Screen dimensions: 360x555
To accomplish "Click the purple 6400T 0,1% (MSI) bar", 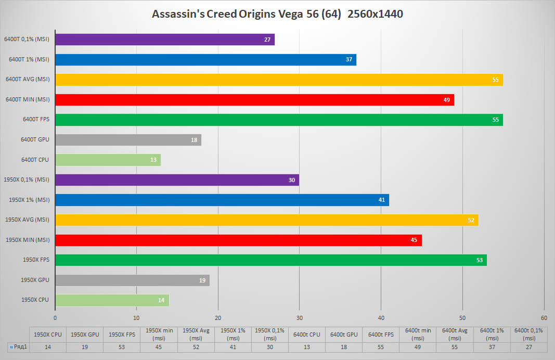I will (x=164, y=40).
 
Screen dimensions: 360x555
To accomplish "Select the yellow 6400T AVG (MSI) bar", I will (x=279, y=80).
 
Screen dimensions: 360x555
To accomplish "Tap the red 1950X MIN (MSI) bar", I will (x=238, y=240).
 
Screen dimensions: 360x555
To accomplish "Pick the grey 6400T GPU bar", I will (x=128, y=140).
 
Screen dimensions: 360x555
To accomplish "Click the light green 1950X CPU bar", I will (x=112, y=300).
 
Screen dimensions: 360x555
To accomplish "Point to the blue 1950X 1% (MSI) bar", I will (x=222, y=200).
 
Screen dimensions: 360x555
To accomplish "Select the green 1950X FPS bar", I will (x=270, y=260).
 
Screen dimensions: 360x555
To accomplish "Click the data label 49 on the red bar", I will (x=447, y=100).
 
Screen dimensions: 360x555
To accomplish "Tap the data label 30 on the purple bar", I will (x=292, y=180).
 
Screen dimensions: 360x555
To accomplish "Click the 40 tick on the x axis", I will (x=381, y=317).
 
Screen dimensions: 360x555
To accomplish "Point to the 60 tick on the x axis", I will (x=544, y=317).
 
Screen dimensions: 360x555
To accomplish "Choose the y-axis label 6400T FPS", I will (x=36, y=120).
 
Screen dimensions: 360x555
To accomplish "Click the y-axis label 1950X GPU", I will (x=35, y=280).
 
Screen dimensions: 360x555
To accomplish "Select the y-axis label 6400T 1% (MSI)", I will (x=29, y=59).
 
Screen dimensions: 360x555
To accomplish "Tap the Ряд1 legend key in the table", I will (x=11, y=346).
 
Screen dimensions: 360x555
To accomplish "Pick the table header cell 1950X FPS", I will (x=122, y=335).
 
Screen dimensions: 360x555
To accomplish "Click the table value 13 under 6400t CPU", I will (x=307, y=346).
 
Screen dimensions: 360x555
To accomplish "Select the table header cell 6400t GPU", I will (x=344, y=335).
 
